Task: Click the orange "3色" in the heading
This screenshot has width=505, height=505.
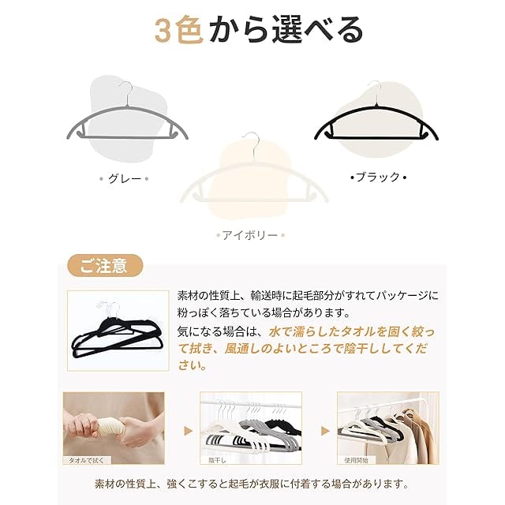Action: tap(179, 30)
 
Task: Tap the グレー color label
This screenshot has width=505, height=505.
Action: tap(125, 179)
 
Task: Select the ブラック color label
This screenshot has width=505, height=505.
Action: tap(378, 177)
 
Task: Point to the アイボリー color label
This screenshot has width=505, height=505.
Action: tap(250, 235)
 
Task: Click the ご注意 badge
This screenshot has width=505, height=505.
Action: tap(105, 266)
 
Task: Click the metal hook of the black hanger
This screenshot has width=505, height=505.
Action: tap(376, 92)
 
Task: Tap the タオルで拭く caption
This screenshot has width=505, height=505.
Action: tap(87, 460)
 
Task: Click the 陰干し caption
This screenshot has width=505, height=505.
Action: tap(217, 461)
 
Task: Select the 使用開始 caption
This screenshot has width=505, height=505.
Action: tap(356, 460)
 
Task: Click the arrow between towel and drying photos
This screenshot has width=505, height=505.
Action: tap(189, 431)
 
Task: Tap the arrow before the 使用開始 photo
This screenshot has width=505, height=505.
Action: tap(325, 431)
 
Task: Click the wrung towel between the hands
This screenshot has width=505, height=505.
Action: tap(110, 428)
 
